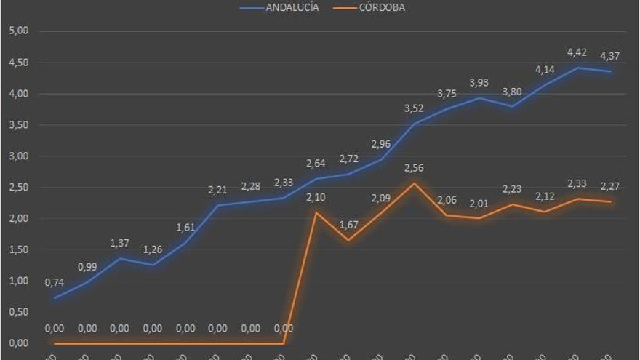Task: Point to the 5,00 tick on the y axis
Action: [17, 31]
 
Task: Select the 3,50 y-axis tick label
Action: [17, 125]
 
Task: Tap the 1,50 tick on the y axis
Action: [17, 249]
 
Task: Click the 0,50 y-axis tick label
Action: [17, 312]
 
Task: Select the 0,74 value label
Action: [55, 282]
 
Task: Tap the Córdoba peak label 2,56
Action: [413, 168]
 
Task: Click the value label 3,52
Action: [413, 109]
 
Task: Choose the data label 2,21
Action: [217, 191]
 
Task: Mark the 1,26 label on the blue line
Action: [152, 249]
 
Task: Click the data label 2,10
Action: [315, 197]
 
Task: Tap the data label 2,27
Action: [609, 186]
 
